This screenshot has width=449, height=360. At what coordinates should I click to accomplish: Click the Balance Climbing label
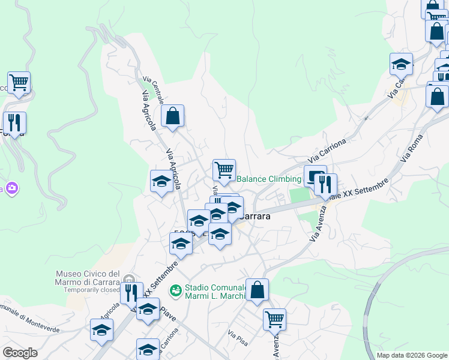[x=268, y=179]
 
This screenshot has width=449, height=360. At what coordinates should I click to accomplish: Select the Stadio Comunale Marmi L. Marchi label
[x=215, y=291]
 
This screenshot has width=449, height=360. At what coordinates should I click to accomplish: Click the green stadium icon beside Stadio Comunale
[x=176, y=290]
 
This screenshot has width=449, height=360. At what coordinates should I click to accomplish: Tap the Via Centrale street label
[x=153, y=91]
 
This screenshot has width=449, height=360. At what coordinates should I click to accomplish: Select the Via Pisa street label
[x=238, y=336]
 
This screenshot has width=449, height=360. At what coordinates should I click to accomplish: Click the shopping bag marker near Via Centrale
[x=172, y=117]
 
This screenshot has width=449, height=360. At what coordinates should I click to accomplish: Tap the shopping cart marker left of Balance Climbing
[x=224, y=170]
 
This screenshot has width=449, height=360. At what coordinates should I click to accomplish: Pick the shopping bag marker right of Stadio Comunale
[x=257, y=290]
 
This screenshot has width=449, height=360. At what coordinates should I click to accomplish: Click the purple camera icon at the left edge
[x=11, y=188]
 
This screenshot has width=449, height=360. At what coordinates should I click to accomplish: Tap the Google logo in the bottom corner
[x=20, y=353]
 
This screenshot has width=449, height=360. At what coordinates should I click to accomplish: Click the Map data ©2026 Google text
[x=412, y=355]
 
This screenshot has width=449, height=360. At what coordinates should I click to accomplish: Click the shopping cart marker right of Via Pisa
[x=274, y=320]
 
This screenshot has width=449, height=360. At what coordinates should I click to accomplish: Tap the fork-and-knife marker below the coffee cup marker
[x=325, y=185]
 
